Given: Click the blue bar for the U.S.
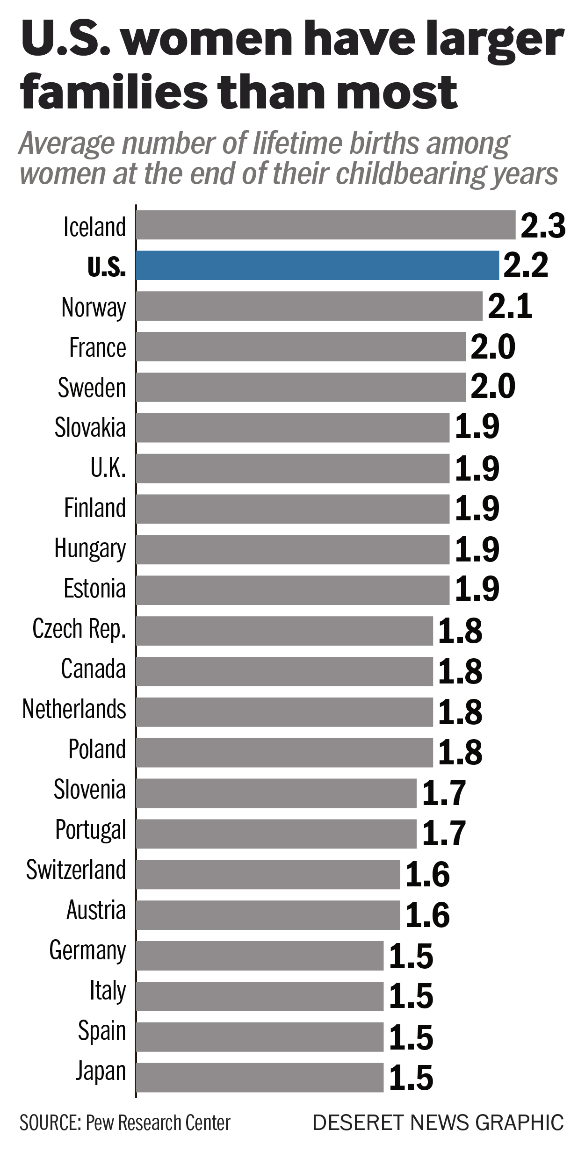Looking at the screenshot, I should coord(318,265).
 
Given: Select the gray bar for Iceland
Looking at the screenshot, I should coord(325,225).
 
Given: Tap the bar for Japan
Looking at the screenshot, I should coord(260,1077).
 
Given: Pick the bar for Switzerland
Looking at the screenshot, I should coord(268,874).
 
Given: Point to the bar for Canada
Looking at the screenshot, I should coord(284,671).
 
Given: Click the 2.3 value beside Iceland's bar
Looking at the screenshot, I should coord(543,226).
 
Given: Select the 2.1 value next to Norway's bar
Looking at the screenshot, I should coord(510,307).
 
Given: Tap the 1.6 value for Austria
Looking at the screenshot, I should coord(427,915).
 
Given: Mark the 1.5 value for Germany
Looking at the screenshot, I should coord(411,956).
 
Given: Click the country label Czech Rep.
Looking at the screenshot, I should coord(79,629).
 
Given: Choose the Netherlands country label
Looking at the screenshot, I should coord(74,709).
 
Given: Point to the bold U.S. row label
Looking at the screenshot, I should coord(107,266).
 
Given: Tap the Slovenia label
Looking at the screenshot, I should coord(89,790).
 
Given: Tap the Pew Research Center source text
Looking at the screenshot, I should coord(158,1122).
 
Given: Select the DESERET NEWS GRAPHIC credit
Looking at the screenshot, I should coord(438,1122).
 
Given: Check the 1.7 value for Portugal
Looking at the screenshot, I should coord(444,833).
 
